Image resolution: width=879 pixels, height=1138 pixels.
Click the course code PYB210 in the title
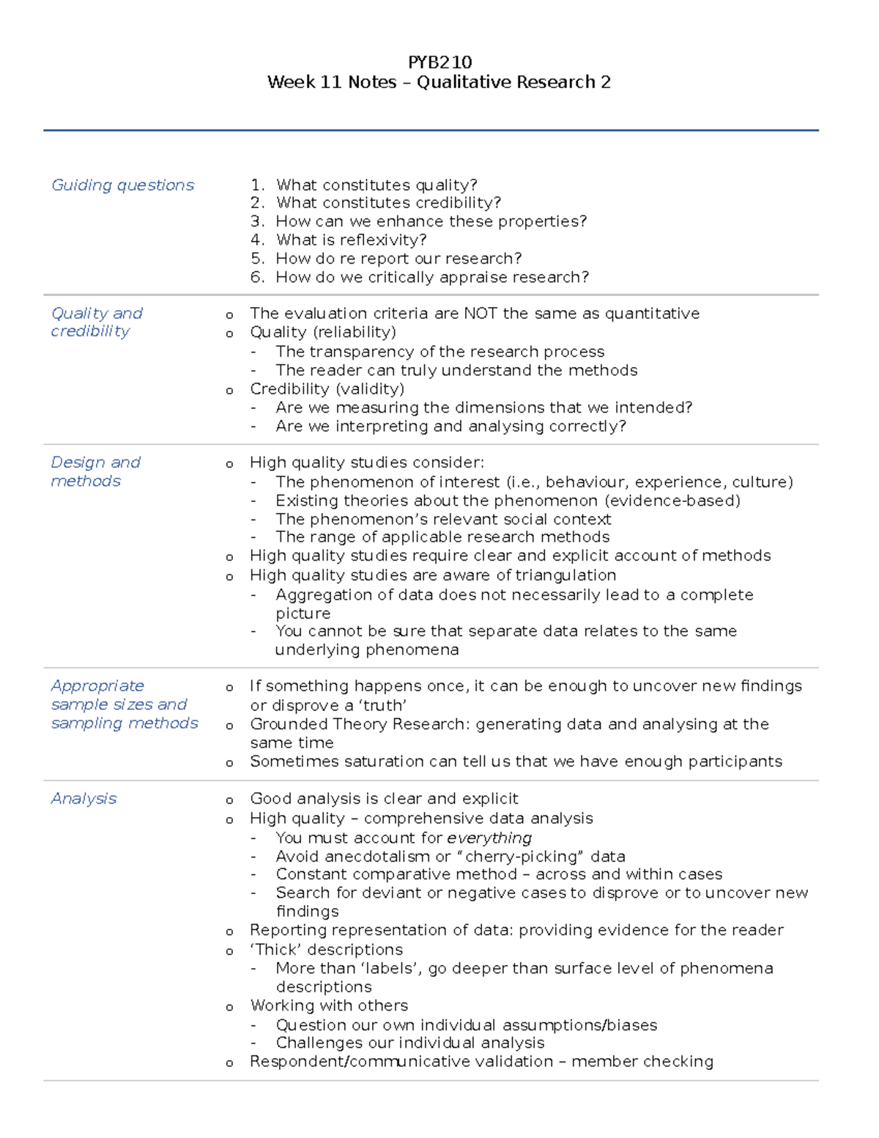point(439,62)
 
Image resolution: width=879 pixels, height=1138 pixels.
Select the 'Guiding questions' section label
point(122,185)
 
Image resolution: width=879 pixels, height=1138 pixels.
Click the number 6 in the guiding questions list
point(256,278)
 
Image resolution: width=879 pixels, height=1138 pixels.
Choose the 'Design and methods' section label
point(95,472)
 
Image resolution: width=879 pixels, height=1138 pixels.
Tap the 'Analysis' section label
point(84,799)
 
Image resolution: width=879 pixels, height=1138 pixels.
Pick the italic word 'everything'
point(489,838)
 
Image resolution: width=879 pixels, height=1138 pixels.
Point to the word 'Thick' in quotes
point(276,950)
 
